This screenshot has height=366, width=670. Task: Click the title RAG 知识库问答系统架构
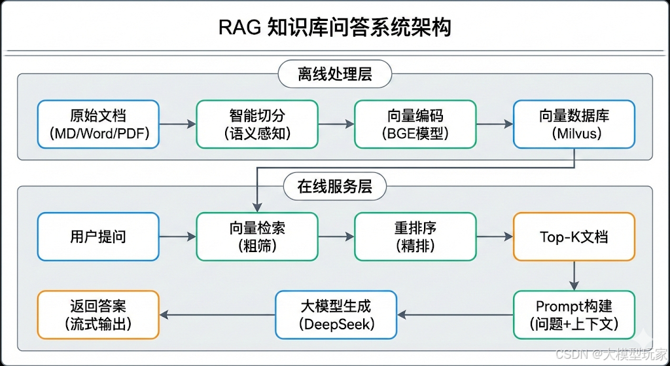[x=334, y=27]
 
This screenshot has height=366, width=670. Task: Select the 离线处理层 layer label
[x=335, y=74]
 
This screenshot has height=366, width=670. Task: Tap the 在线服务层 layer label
[x=335, y=187]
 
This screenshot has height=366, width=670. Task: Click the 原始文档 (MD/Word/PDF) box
[x=98, y=124]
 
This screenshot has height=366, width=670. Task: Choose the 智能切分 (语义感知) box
[x=257, y=124]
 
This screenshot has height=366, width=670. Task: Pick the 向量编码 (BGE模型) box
[x=415, y=124]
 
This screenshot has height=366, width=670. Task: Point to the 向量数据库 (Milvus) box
[x=574, y=124]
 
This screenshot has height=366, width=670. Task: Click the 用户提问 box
[x=98, y=236]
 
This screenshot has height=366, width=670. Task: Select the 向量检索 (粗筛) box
[x=257, y=236]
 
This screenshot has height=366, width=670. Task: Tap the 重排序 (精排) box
[x=415, y=236]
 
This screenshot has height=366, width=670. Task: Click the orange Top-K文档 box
[x=574, y=236]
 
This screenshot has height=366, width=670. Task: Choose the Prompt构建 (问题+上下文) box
[x=574, y=315]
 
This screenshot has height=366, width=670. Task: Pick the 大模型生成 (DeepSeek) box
[x=336, y=315]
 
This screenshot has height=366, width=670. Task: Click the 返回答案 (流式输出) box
[x=98, y=315]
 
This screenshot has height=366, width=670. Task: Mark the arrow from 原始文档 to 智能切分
[x=177, y=124]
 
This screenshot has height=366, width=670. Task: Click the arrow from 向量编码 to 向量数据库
[x=495, y=124]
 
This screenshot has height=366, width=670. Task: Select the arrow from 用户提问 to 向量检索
[x=177, y=236]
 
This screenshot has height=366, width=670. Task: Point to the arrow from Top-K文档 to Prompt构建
[x=574, y=276]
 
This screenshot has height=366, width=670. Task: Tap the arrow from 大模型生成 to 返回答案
[x=217, y=315]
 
